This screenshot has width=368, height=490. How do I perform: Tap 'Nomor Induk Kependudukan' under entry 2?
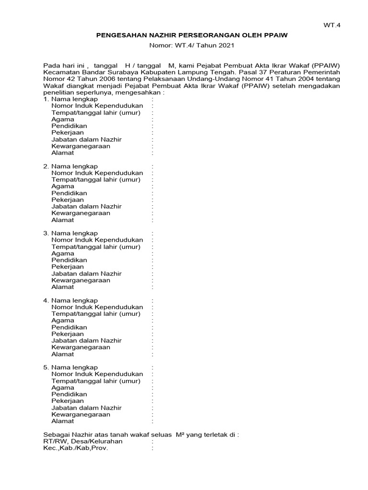pyautogui.click(x=97, y=173)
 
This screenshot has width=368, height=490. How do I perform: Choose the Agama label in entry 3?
pyautogui.click(x=63, y=254)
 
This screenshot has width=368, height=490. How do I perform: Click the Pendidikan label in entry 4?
pyautogui.click(x=69, y=327)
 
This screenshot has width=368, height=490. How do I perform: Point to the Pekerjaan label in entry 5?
pyautogui.click(x=68, y=401)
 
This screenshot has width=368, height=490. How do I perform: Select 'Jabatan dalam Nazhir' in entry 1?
pyautogui.click(x=86, y=139)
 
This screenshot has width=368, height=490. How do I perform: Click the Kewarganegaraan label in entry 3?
pyautogui.click(x=80, y=280)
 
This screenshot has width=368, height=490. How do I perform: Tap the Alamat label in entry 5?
pyautogui.click(x=63, y=421)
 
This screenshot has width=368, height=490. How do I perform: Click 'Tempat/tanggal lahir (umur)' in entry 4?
pyautogui.click(x=96, y=314)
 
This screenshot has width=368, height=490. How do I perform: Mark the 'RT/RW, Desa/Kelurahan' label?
pyautogui.click(x=83, y=441)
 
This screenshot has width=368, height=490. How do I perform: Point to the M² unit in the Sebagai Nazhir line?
pyautogui.click(x=181, y=434)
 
